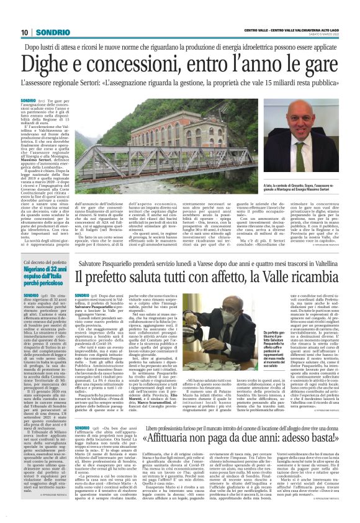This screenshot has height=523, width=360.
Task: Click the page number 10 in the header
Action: tap(24, 32)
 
